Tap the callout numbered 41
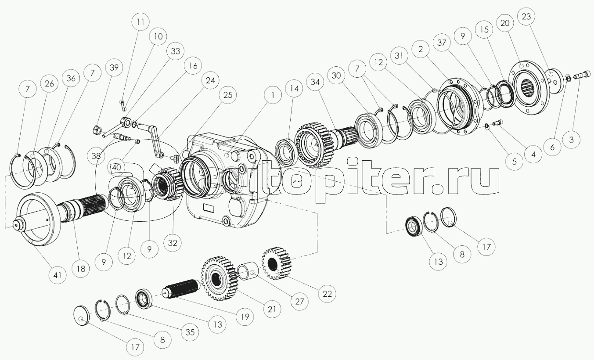click(x=57, y=275)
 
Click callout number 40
click(x=116, y=168)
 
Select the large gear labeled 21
click(x=219, y=279)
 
